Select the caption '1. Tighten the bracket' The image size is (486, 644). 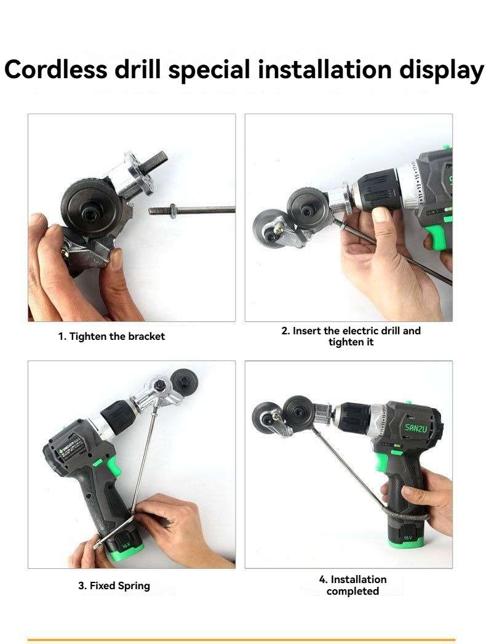pyautogui.click(x=111, y=337)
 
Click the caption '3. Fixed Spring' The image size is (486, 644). pyautogui.click(x=114, y=586)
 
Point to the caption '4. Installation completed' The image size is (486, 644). pyautogui.click(x=353, y=586)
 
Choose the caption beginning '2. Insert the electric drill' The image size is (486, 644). pyautogui.click(x=351, y=336)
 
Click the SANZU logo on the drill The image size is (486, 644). pyautogui.click(x=419, y=427)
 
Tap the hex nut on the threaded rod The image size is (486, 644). pyautogui.click(x=173, y=211)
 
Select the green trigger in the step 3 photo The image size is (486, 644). pyautogui.click(x=113, y=467)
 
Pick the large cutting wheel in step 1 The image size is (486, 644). pyautogui.click(x=92, y=204)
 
